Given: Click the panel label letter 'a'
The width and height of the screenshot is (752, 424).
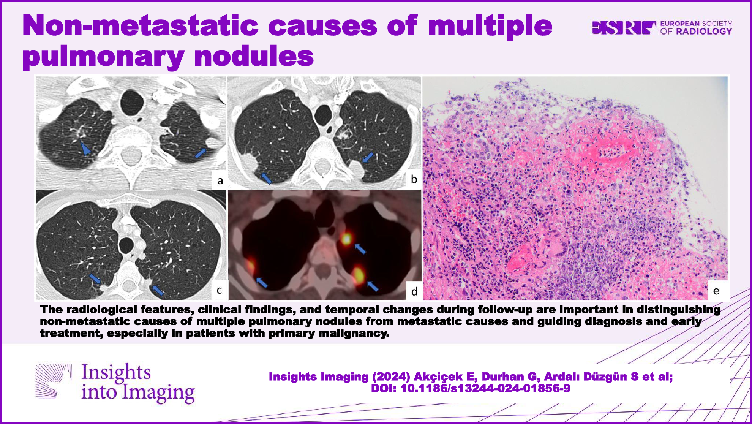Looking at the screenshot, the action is [220, 181].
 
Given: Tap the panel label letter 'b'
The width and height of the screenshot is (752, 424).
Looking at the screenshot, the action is [414, 179].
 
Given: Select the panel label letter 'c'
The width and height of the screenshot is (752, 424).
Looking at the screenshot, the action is [219, 290].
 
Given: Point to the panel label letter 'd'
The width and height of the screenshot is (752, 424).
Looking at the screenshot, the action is [414, 291].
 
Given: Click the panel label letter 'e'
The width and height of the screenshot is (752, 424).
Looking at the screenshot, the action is [716, 291].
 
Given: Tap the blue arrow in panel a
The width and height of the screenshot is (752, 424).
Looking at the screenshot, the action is [201, 153].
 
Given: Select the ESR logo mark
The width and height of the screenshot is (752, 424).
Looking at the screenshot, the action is [624, 28].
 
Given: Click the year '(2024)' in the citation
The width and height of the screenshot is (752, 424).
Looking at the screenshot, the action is [391, 377].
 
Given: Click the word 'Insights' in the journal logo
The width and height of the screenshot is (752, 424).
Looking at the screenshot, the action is [116, 372].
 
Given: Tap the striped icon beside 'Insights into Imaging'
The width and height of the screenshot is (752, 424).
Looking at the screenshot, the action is [54, 381].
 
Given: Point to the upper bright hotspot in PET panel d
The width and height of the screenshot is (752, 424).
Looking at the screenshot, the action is [346, 239].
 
